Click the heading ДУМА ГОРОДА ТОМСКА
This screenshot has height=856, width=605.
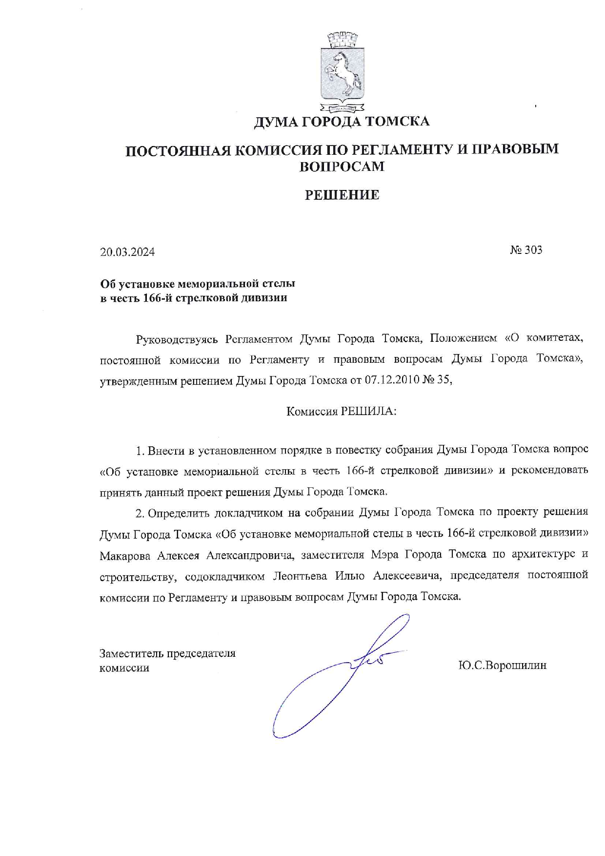click(342, 121)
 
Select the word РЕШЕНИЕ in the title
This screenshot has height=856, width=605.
click(342, 195)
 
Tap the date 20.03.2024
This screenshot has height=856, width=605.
click(127, 252)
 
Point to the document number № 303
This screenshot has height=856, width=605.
click(526, 250)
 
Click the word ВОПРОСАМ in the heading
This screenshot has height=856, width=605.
click(342, 167)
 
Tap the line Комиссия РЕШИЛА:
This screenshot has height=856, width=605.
click(342, 411)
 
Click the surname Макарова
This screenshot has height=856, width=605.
click(125, 555)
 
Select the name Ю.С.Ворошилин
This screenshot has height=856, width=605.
click(503, 665)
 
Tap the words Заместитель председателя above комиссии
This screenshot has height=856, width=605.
click(167, 653)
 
